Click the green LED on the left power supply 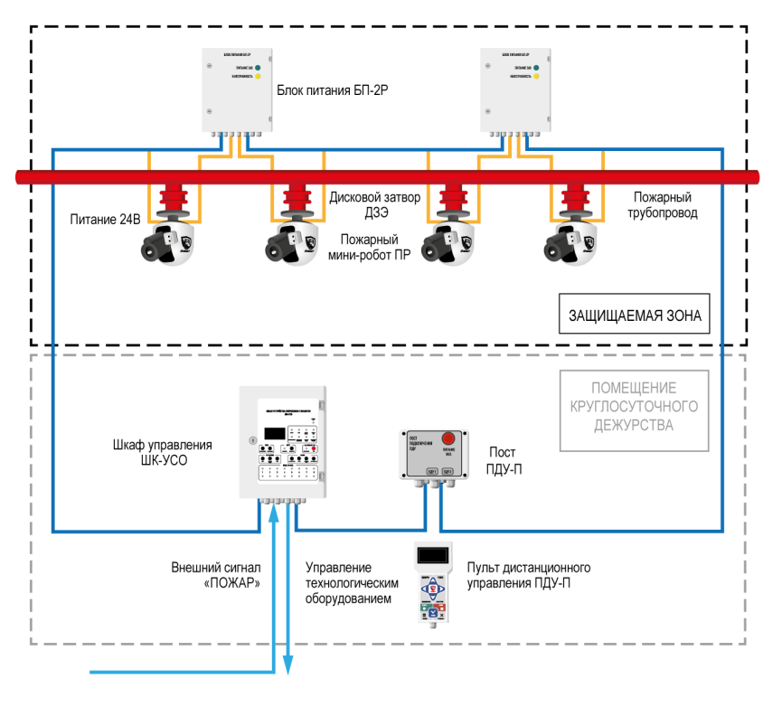point(258,68)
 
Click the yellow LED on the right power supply point(536,77)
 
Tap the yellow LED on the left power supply point(258,77)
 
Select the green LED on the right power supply point(536,68)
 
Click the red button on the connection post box point(448,438)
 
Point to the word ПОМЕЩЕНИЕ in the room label point(634,387)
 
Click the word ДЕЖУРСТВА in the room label point(634,425)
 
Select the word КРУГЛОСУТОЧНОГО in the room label point(634,406)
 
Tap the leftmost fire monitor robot point(169,242)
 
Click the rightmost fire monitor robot point(572,242)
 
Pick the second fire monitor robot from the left point(294,242)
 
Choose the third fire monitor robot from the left point(449,242)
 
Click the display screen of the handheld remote point(433,555)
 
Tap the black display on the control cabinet point(275,433)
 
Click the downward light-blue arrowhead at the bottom point(288,666)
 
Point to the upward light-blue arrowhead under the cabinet point(274,513)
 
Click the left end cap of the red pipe point(23,177)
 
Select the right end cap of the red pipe point(753,177)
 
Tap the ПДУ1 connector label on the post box point(432,471)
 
